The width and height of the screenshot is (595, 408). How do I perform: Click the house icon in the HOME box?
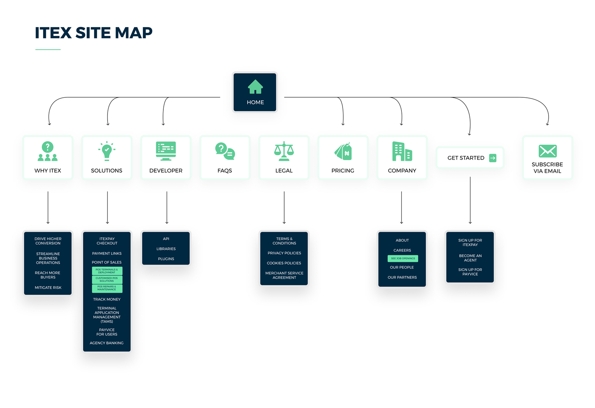point(255,87)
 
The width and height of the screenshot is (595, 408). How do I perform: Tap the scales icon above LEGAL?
point(284,151)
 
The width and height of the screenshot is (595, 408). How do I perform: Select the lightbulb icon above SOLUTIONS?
point(107,151)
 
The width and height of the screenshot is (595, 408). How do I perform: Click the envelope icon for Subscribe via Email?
point(547,151)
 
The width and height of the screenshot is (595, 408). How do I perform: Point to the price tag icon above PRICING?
point(343,152)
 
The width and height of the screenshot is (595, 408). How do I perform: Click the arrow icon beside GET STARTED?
point(493,158)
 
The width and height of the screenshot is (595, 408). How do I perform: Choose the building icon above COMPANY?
point(402,151)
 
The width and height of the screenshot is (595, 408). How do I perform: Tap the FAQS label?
point(225,171)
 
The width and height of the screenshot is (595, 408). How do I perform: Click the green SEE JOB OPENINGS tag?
point(403,259)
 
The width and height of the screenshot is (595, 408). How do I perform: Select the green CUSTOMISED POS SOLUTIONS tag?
point(107,280)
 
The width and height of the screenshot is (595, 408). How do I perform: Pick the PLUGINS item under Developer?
point(166,259)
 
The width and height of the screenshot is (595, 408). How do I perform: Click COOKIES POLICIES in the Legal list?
point(284,263)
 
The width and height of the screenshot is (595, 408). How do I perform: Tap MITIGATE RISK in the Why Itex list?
point(48,288)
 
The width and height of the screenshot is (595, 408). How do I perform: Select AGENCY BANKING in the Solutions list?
point(107,343)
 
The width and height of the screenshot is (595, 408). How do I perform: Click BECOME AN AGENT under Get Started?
point(470,258)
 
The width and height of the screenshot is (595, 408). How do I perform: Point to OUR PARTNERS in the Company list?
point(402,277)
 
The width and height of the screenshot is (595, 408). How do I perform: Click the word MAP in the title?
point(134,33)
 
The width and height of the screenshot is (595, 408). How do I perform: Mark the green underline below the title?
point(48,49)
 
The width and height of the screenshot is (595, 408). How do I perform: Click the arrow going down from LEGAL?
point(284,208)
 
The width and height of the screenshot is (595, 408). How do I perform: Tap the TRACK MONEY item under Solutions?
point(107,299)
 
